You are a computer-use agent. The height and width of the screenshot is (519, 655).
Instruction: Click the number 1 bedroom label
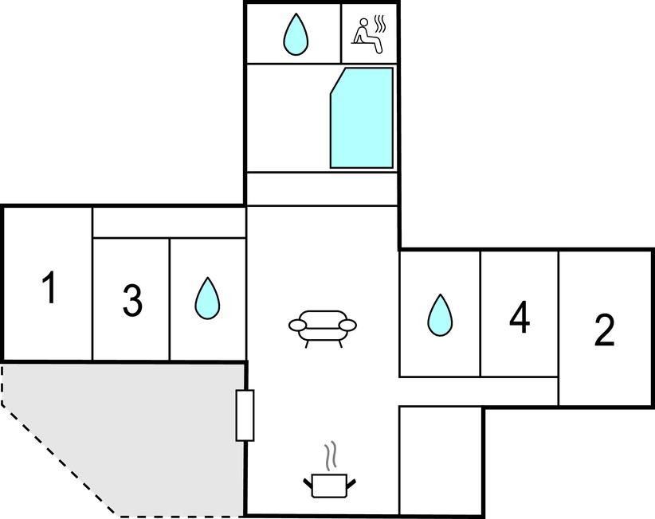49,287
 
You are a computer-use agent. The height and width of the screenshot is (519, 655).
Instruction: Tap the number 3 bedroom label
132,300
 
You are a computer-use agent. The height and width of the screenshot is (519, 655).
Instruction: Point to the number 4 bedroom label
520,318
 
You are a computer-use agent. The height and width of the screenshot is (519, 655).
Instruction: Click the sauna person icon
367,36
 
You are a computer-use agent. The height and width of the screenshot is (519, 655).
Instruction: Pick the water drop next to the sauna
296,34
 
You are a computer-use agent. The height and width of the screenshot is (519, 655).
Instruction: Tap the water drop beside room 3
208,299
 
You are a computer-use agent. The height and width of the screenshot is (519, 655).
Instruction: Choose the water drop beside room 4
440,315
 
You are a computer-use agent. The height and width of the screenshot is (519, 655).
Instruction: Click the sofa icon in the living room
323,328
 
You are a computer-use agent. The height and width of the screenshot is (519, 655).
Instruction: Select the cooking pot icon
330,486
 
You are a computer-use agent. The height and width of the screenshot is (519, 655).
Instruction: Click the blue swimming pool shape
362,119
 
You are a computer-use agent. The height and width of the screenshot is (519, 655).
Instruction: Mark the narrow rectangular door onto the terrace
245,416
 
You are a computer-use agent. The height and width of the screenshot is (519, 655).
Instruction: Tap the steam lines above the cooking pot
330,456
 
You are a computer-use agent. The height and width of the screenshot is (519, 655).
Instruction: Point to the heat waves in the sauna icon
379,24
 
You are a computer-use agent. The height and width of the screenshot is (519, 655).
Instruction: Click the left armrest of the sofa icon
297,325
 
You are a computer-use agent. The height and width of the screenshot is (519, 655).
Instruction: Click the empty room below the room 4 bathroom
441,461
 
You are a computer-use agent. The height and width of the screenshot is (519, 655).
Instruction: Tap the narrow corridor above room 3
169,223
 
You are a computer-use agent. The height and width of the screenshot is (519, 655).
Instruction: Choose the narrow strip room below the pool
322,189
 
